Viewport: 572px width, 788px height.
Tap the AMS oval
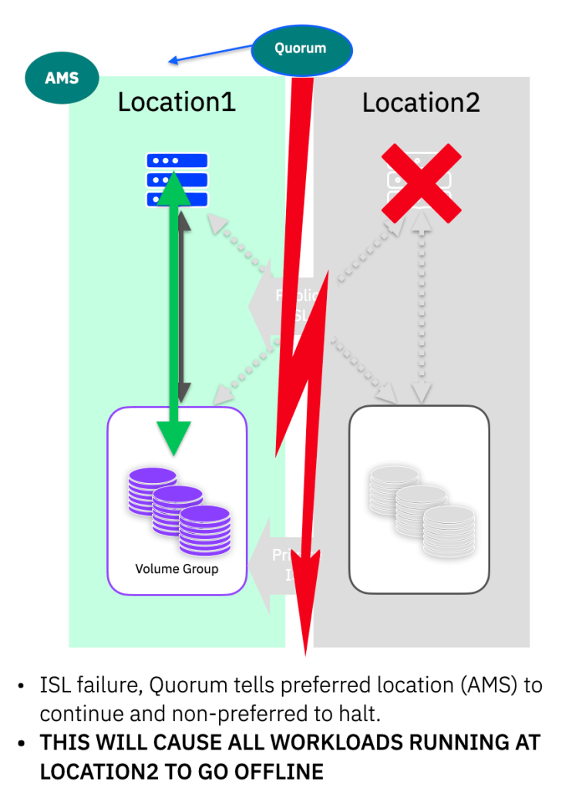click(62, 79)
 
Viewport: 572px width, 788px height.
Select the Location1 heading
click(177, 102)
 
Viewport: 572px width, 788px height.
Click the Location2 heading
click(421, 102)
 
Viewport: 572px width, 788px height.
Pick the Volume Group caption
click(177, 569)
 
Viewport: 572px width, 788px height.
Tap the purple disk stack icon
click(179, 509)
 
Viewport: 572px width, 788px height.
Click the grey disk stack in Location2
click(421, 509)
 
